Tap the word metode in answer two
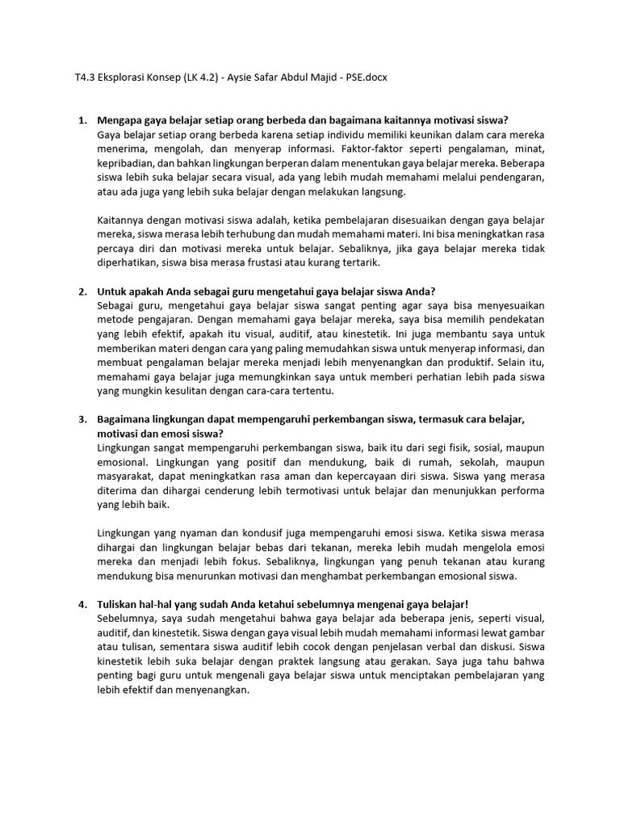click(114, 320)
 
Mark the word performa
click(522, 491)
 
